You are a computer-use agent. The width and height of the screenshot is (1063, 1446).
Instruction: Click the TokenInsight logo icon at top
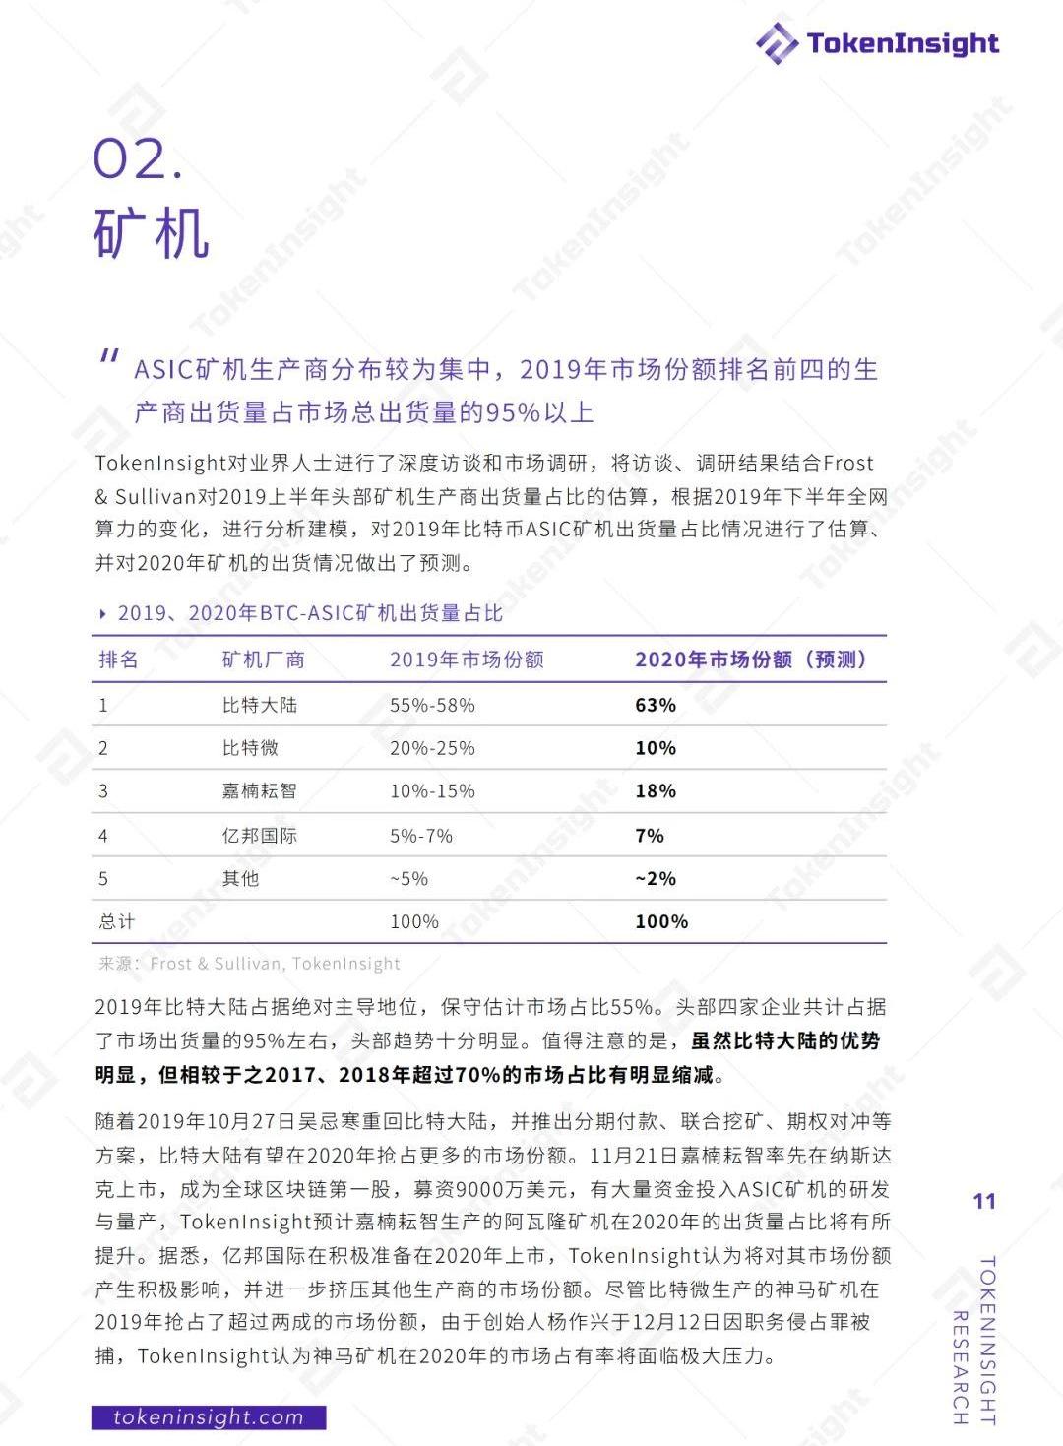pos(777,43)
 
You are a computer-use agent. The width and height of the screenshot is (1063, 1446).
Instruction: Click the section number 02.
pos(138,159)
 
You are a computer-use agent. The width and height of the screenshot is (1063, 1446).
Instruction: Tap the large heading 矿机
pos(152,233)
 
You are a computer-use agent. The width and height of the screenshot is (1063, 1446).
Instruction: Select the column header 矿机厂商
pos(263,660)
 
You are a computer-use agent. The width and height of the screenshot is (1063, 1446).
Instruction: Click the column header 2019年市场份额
pos(467,660)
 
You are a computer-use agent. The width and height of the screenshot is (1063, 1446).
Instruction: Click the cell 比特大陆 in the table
pos(259,705)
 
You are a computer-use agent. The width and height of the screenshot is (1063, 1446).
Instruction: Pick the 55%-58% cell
pos(432,705)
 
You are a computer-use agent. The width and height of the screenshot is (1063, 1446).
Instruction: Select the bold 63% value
pos(656,705)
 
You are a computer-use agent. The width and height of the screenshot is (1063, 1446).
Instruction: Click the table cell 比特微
pos(250,748)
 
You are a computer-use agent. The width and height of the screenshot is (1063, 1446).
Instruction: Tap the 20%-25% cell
pos(432,748)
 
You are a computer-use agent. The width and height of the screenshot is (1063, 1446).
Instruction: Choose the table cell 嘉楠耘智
pos(259,790)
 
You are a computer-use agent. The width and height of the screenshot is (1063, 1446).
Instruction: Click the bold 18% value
pos(656,790)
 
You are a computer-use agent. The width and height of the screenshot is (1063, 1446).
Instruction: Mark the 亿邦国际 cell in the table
pos(259,836)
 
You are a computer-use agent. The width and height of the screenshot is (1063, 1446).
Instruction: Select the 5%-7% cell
pos(421,836)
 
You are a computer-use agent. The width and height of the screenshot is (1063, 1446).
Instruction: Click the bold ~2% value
pos(656,878)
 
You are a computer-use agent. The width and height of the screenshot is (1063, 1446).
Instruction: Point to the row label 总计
pos(116,921)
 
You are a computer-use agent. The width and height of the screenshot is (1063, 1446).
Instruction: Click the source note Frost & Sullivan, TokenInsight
pos(275,964)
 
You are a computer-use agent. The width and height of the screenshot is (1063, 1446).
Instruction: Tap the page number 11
pos(984,1201)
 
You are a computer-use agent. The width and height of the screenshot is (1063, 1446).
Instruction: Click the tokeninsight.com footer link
pos(208,1417)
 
